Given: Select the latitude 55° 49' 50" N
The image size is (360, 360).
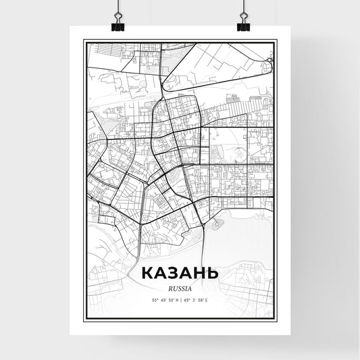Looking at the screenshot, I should (162, 299).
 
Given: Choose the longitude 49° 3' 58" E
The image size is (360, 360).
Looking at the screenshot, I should (199, 299).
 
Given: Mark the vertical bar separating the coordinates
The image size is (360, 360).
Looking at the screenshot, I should (180, 299).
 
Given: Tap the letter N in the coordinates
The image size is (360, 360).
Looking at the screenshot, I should (175, 299).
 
